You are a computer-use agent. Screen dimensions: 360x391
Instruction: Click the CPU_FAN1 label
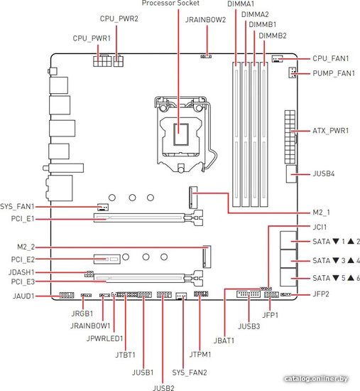331,58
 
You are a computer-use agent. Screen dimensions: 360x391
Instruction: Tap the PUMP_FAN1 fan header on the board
293,73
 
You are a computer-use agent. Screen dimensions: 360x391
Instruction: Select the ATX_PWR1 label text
331,131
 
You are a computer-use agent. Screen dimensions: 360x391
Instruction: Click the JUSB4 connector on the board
291,173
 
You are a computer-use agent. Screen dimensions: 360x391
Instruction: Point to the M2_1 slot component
193,198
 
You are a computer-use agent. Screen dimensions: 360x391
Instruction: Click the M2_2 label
26,247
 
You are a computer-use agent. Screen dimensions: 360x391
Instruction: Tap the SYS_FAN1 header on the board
103,207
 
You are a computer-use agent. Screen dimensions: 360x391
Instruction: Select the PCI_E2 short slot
107,259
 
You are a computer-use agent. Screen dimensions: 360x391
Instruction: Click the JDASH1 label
21,272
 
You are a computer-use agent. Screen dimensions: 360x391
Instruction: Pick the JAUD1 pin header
67,296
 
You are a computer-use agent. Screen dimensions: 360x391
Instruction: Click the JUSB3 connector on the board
249,294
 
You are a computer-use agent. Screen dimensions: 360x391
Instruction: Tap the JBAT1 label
224,341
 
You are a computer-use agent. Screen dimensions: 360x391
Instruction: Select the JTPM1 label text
200,354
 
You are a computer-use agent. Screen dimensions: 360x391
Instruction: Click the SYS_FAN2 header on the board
181,296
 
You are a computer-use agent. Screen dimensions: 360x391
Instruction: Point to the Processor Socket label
170,4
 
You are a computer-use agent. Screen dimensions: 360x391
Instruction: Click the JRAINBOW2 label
205,20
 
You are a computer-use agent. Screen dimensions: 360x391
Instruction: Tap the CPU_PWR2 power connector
119,61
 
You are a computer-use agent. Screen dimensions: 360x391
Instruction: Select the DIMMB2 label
273,36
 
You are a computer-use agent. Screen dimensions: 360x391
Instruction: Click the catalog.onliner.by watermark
316,379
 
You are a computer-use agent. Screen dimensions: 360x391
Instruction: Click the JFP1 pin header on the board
271,295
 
